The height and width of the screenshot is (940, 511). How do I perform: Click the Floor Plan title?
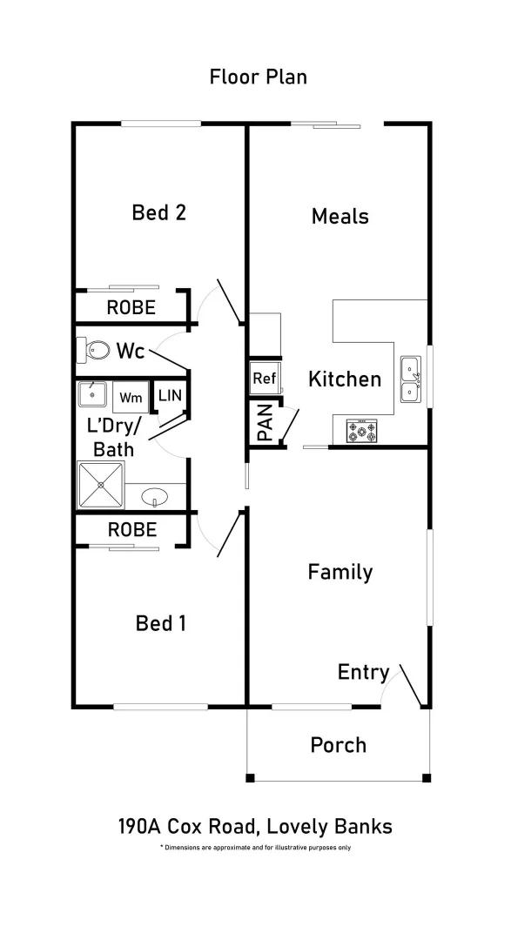[x=258, y=77]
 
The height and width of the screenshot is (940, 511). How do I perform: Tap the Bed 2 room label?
[x=159, y=212]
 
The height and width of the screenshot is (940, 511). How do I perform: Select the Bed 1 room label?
[x=160, y=623]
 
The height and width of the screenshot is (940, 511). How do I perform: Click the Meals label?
[x=340, y=216]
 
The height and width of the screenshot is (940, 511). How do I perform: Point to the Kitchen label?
[x=345, y=379]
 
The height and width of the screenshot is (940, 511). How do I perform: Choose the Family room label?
[x=340, y=572]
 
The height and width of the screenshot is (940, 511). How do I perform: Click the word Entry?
[x=363, y=672]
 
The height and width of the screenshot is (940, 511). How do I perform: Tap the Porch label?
[x=339, y=745]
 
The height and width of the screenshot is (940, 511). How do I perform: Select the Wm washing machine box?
[x=131, y=398]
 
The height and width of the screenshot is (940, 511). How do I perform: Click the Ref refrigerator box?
[x=264, y=379]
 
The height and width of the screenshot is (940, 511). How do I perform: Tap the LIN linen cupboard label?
[x=170, y=395]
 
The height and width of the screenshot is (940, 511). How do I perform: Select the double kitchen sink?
[x=411, y=380]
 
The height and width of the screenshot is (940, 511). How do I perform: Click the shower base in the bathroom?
[x=101, y=484]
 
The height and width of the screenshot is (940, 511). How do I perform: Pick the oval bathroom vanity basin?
[x=155, y=497]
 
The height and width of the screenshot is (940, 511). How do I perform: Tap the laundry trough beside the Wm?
[x=92, y=395]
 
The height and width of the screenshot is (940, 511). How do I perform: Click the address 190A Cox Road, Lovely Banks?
[x=255, y=826]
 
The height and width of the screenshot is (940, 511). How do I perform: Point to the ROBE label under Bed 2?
[x=131, y=307]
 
